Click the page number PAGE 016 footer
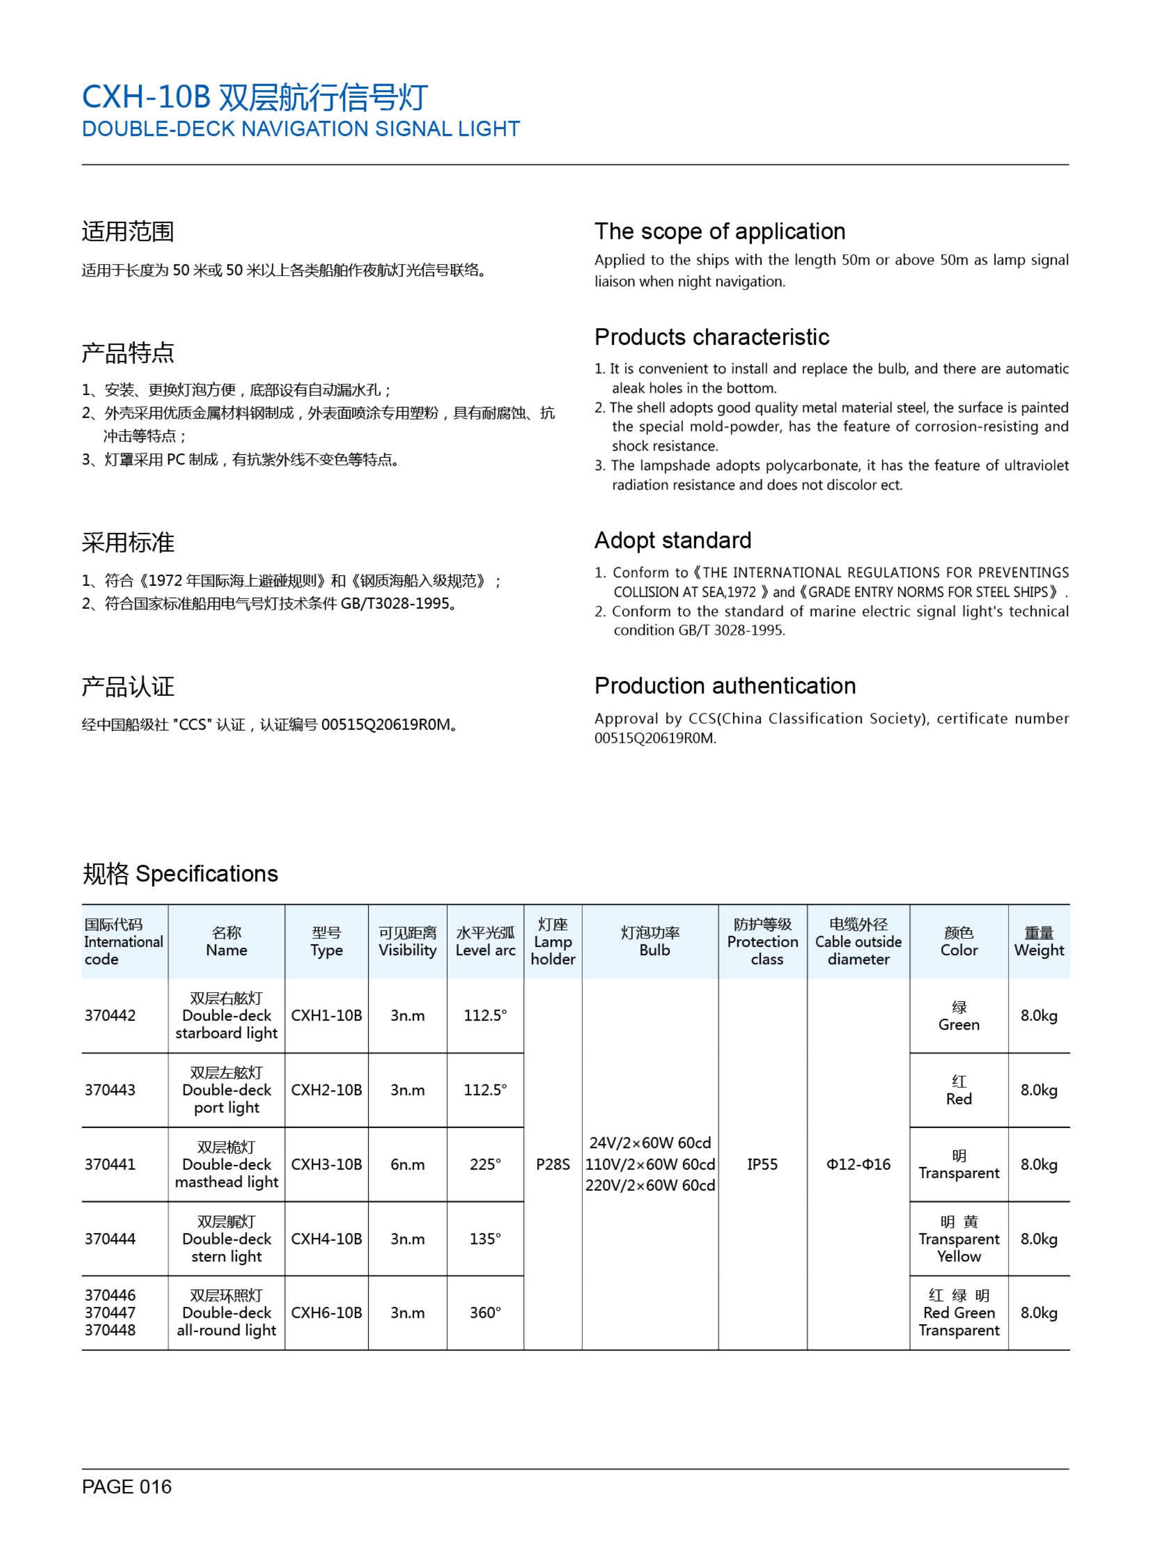pos(126,1487)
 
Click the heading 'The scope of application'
pos(720,232)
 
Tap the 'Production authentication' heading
pos(724,686)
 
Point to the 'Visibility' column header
pos(407,942)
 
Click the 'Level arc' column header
pos(485,942)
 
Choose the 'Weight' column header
pos(1038,942)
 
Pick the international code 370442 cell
pos(110,1015)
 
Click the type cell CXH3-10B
pos(326,1164)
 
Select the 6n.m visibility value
pos(407,1164)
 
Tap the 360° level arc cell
pos(485,1312)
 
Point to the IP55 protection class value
pos(762,1164)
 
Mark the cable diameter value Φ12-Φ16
pos(859,1164)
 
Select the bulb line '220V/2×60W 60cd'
pos(650,1185)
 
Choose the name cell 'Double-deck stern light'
pos(227,1239)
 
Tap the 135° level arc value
pos(485,1239)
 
